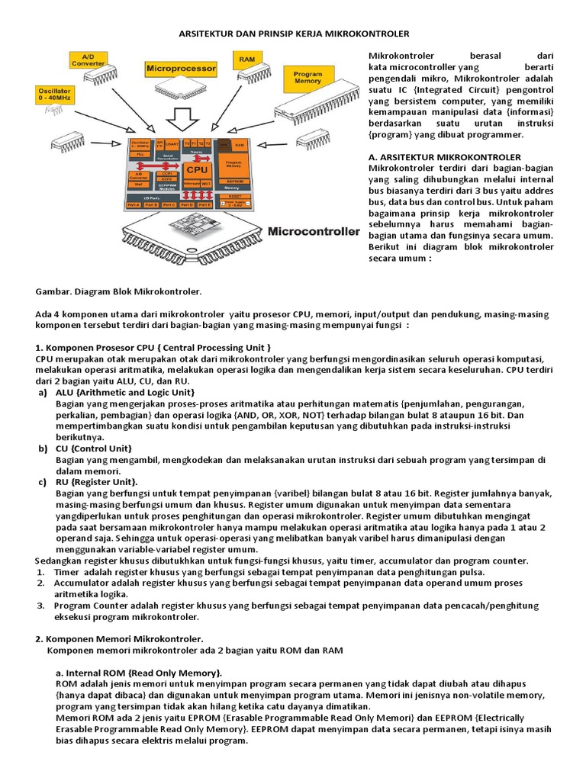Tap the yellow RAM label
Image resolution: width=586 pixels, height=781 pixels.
pyautogui.click(x=246, y=59)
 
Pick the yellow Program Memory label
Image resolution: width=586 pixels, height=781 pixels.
pyautogui.click(x=307, y=76)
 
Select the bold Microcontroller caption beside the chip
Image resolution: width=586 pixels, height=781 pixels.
pyautogui.click(x=313, y=230)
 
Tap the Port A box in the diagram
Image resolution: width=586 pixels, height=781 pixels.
pyautogui.click(x=134, y=204)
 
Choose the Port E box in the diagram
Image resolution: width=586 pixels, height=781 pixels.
pyautogui.click(x=204, y=204)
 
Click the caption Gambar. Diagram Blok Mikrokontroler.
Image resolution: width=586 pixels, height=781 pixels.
pyautogui.click(x=118, y=292)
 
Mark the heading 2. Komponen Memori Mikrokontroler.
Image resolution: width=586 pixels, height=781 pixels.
pyautogui.click(x=119, y=638)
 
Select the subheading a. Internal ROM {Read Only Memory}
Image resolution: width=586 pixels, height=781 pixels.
pyautogui.click(x=139, y=673)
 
